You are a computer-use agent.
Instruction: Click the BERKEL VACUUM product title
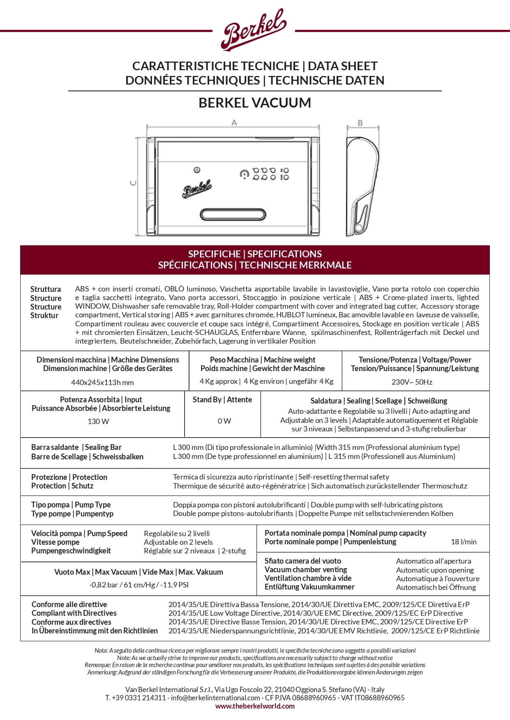tap(255, 103)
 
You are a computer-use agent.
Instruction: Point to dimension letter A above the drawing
tap(234, 122)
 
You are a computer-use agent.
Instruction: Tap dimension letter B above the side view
tap(360, 123)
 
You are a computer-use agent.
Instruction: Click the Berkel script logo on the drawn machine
tap(197, 189)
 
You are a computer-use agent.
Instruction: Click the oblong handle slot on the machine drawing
tap(233, 214)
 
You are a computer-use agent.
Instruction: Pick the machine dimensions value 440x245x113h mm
tap(102, 383)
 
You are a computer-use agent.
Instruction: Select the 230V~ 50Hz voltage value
tap(412, 382)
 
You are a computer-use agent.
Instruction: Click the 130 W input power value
tap(98, 422)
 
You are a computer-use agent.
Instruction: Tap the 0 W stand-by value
tap(224, 421)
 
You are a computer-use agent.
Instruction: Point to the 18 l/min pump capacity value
tap(464, 542)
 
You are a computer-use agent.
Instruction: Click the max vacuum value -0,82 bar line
tap(138, 585)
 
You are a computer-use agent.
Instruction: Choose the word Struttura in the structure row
tap(46, 289)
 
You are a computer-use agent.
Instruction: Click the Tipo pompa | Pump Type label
tap(71, 505)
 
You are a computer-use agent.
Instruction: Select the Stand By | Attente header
tap(222, 400)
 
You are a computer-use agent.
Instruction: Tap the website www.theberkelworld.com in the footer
tap(255, 706)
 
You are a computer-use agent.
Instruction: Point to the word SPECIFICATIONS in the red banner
tap(284, 254)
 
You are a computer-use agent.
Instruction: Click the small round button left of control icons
tap(197, 170)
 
